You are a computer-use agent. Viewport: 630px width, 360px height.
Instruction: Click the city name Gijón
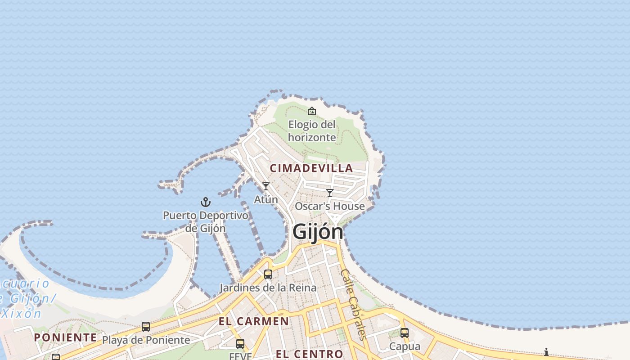tap(318, 232)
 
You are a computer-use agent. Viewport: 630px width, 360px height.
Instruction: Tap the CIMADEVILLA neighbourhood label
tap(311, 168)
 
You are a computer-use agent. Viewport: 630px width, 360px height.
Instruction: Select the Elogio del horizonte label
tap(312, 131)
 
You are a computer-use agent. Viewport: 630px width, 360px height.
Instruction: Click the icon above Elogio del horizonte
tap(312, 111)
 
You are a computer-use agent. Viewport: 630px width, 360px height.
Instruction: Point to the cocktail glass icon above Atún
tap(266, 186)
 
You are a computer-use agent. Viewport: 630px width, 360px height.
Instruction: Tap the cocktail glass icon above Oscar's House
tap(330, 193)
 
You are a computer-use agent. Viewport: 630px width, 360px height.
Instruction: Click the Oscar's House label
tap(330, 206)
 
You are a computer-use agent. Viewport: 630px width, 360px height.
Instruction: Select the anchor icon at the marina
tap(206, 202)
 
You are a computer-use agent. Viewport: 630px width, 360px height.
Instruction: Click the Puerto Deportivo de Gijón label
tap(206, 221)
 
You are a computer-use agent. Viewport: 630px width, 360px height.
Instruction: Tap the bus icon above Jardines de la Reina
tap(268, 274)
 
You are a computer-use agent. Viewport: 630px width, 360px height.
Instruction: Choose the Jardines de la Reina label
tap(268, 288)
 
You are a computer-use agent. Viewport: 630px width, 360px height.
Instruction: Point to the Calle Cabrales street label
tap(354, 304)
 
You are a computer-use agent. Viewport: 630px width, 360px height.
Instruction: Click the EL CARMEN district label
tap(254, 321)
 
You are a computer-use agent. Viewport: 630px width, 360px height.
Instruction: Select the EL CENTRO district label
tap(310, 354)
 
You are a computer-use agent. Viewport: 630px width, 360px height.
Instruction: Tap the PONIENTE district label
tap(65, 337)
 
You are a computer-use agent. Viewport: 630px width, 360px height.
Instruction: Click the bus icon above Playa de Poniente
tap(146, 327)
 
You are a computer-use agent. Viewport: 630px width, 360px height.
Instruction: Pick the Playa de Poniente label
tap(146, 340)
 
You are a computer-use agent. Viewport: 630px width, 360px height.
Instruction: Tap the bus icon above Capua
tap(405, 333)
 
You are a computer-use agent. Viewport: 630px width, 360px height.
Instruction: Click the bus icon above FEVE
tap(240, 344)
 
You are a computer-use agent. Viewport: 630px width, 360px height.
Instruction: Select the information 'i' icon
tap(546, 352)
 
